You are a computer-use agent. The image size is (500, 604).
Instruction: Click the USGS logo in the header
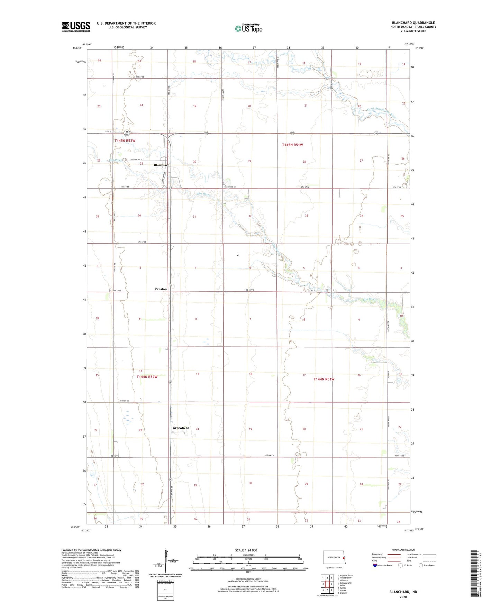click(76, 27)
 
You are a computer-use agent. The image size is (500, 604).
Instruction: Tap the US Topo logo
click(248, 28)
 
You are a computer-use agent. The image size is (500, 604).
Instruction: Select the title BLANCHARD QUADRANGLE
click(413, 23)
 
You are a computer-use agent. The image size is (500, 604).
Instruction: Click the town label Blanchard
click(162, 165)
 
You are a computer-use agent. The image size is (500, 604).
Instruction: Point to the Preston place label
click(161, 289)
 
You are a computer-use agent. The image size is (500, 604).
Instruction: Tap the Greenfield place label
click(181, 428)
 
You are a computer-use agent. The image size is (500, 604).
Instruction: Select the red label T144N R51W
click(324, 379)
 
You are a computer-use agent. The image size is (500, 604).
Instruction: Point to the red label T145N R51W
click(292, 145)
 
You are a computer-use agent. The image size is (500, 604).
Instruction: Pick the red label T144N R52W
click(147, 377)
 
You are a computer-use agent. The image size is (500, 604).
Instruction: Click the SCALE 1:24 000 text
click(246, 550)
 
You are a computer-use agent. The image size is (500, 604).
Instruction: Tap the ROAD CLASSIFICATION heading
click(403, 550)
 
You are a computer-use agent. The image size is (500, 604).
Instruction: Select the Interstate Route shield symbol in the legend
click(375, 565)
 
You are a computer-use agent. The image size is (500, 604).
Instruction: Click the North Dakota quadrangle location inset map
click(334, 559)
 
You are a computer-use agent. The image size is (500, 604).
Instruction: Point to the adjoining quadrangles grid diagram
click(327, 583)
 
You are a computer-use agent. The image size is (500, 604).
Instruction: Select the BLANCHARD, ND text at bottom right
click(403, 592)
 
